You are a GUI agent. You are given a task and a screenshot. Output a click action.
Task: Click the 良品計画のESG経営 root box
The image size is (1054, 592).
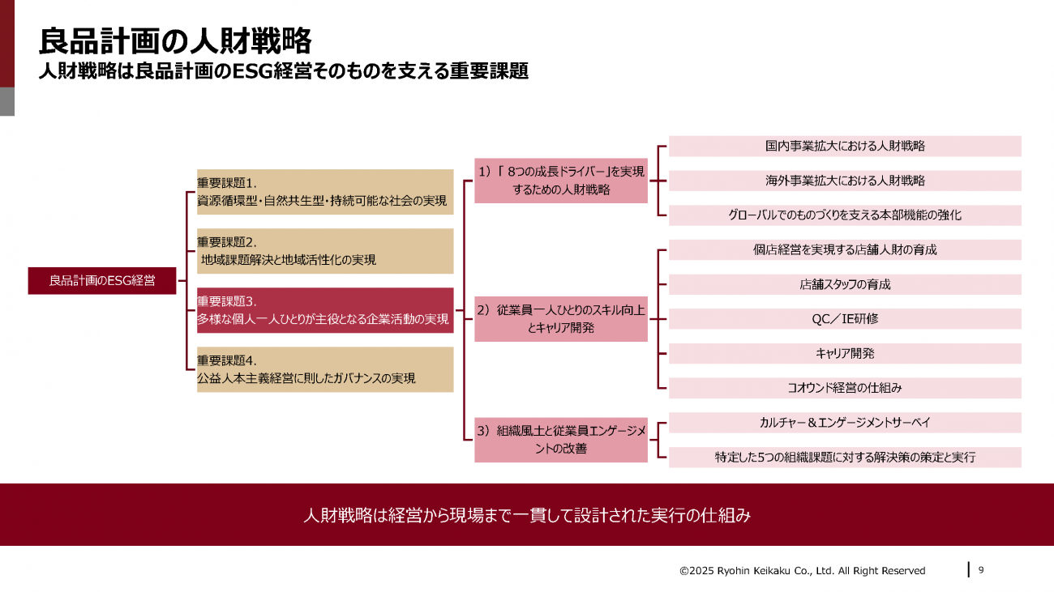(102, 280)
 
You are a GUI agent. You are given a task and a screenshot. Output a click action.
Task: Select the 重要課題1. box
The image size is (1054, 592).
(325, 192)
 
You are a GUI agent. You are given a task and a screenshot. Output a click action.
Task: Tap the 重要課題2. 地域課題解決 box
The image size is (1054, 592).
(325, 251)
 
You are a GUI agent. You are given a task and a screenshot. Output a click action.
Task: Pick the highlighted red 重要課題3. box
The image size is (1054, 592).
(325, 310)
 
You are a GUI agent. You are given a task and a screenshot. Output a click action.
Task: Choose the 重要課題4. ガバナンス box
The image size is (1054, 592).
(325, 369)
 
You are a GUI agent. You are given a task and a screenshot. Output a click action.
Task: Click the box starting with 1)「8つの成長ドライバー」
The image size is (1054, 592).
(561, 181)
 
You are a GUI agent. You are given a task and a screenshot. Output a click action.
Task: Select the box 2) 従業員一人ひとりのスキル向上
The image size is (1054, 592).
(561, 319)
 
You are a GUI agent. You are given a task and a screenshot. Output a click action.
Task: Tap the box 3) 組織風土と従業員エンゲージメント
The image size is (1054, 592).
(561, 440)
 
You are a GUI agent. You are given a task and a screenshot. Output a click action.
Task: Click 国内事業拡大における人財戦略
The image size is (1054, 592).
(845, 146)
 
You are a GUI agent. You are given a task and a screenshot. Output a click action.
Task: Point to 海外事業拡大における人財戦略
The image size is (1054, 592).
(845, 181)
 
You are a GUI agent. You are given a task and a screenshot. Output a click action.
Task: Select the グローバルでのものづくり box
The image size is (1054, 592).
(845, 215)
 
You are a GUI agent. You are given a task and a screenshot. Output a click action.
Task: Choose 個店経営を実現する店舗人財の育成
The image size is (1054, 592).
(845, 250)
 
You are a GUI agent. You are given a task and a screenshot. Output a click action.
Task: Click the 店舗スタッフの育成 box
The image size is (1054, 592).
(845, 284)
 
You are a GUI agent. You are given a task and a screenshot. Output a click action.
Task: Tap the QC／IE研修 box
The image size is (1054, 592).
(845, 319)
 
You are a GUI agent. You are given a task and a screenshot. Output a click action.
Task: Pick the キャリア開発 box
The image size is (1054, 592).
(845, 353)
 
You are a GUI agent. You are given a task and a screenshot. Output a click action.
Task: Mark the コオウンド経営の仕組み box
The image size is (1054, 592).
(845, 388)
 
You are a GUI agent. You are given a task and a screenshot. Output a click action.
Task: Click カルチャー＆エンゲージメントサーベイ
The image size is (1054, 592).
(845, 423)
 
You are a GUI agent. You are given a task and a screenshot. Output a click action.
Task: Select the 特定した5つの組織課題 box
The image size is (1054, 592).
(845, 457)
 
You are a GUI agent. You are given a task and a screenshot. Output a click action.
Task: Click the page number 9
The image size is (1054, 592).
(981, 570)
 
